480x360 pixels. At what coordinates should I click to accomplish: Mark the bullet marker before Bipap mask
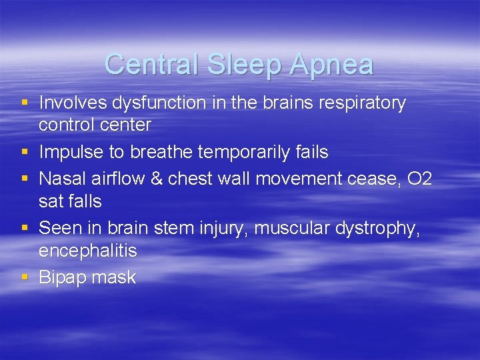pyautogui.click(x=25, y=276)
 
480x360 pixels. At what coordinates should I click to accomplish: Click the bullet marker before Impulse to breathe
pyautogui.click(x=25, y=152)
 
